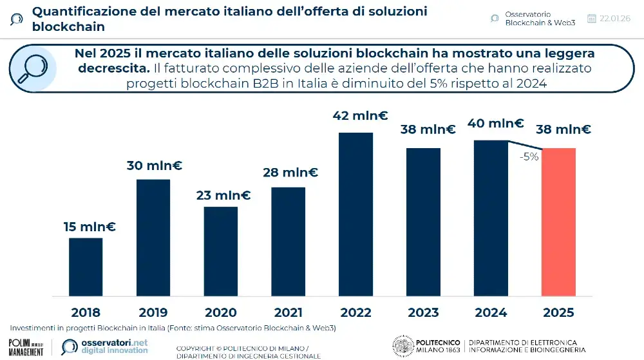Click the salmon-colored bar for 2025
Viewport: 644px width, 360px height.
click(x=558, y=222)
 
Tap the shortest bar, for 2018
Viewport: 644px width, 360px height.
click(x=86, y=267)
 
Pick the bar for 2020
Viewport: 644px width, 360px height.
click(x=221, y=251)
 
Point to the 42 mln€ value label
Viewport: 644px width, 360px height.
click(x=360, y=116)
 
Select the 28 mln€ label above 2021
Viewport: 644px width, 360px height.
click(x=290, y=172)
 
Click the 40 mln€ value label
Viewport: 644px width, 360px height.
click(x=495, y=124)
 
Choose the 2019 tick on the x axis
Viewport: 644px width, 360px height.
click(x=153, y=313)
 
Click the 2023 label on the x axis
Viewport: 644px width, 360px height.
click(x=423, y=313)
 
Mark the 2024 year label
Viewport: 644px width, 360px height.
click(x=491, y=313)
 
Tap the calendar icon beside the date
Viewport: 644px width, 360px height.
click(x=592, y=18)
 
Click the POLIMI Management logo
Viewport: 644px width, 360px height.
click(x=26, y=346)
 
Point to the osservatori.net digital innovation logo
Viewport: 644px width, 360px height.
click(x=105, y=346)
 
